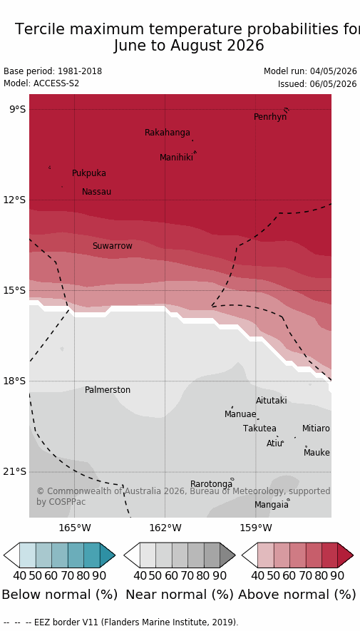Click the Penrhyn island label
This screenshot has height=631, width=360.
270,117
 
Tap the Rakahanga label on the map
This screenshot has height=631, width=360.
168,133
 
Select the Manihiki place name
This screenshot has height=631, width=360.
176,158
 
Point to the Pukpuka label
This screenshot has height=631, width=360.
89,173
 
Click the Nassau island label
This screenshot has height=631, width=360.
96,192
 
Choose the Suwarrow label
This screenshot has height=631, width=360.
112,246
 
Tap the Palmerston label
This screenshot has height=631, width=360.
108,390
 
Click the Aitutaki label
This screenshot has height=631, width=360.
272,401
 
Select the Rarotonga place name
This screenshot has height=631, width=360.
211,483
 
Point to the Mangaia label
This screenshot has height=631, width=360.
272,505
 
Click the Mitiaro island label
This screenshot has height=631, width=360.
316,429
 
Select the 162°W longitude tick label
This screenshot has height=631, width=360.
165,527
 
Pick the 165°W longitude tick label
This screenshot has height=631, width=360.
75,527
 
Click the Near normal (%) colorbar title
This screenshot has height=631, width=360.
180,595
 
